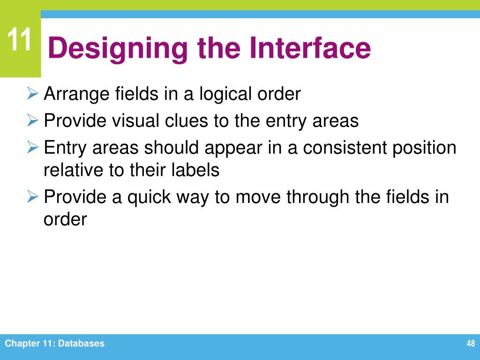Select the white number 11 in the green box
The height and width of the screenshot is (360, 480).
[20, 40]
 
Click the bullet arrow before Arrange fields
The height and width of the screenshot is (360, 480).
[32, 94]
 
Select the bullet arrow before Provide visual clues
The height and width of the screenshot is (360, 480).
[32, 121]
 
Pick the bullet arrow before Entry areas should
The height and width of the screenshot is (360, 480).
[32, 148]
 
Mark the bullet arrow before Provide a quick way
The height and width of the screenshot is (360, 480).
[32, 197]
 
